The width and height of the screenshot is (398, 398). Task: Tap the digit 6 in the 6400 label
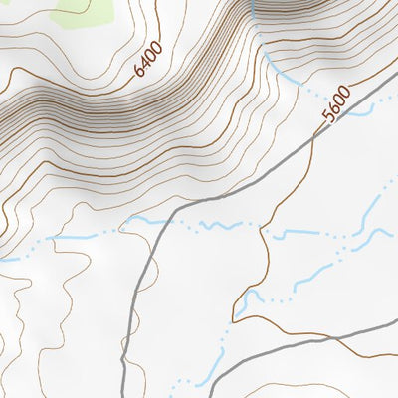[138, 75]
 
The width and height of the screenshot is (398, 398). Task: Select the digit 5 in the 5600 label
[329, 117]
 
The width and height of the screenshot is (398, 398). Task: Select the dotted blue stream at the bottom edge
[184, 383]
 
